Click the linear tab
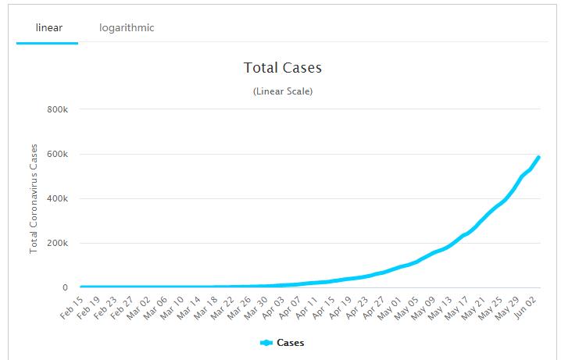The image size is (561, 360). (48, 28)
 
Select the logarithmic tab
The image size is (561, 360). (127, 28)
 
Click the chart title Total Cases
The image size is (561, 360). (282, 68)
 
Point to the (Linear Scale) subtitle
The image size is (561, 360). (282, 91)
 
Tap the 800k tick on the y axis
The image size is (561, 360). (59, 109)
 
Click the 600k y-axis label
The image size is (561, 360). (59, 154)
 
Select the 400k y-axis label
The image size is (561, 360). (59, 198)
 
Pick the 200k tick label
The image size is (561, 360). (59, 243)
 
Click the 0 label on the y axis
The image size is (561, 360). (66, 287)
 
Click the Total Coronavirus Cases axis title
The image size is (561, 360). (34, 198)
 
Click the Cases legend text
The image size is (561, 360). (290, 342)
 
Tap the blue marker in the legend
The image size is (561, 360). (266, 342)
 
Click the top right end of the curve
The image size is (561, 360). (538, 158)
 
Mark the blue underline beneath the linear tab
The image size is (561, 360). (47, 43)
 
